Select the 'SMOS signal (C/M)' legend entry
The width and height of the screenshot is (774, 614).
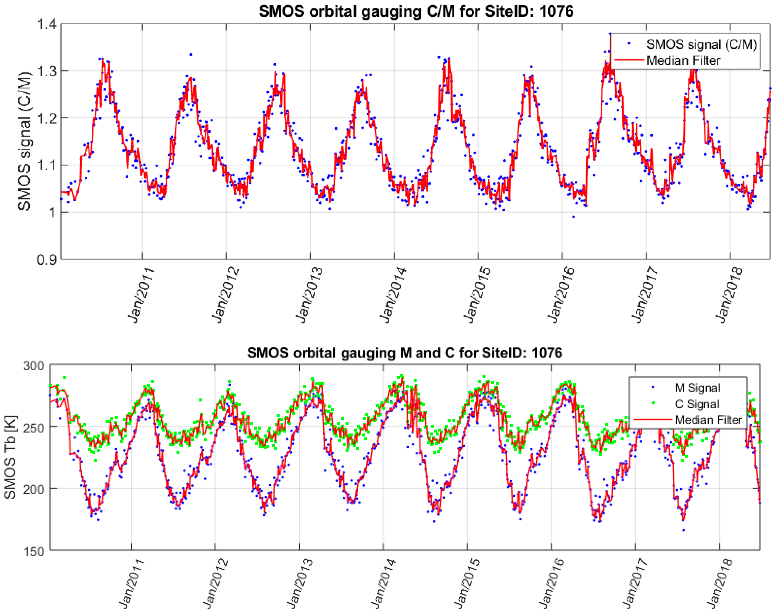[x=701, y=44]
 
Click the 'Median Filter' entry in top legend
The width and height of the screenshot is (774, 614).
[x=683, y=60]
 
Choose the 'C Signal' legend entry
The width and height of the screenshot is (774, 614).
[x=697, y=404]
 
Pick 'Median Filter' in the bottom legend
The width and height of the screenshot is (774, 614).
[x=708, y=420]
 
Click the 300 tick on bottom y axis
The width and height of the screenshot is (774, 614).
[x=34, y=366]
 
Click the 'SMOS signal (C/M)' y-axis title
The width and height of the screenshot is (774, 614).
[x=24, y=141]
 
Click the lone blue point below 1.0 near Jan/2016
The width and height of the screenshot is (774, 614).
[x=573, y=217]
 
